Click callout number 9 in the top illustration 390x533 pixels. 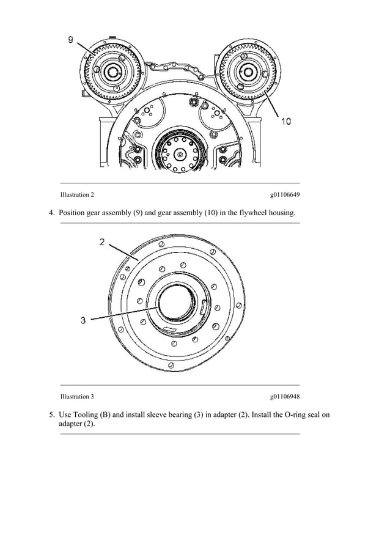coord(70,40)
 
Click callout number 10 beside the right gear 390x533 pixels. coord(285,121)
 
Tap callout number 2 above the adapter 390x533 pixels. coord(102,242)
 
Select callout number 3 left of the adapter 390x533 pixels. coord(84,319)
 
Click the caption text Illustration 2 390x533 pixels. coord(77,195)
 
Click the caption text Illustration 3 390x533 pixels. coord(77,397)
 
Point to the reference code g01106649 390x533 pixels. coord(285,195)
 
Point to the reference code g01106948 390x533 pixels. coord(285,397)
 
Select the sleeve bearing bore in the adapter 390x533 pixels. coord(177,305)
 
